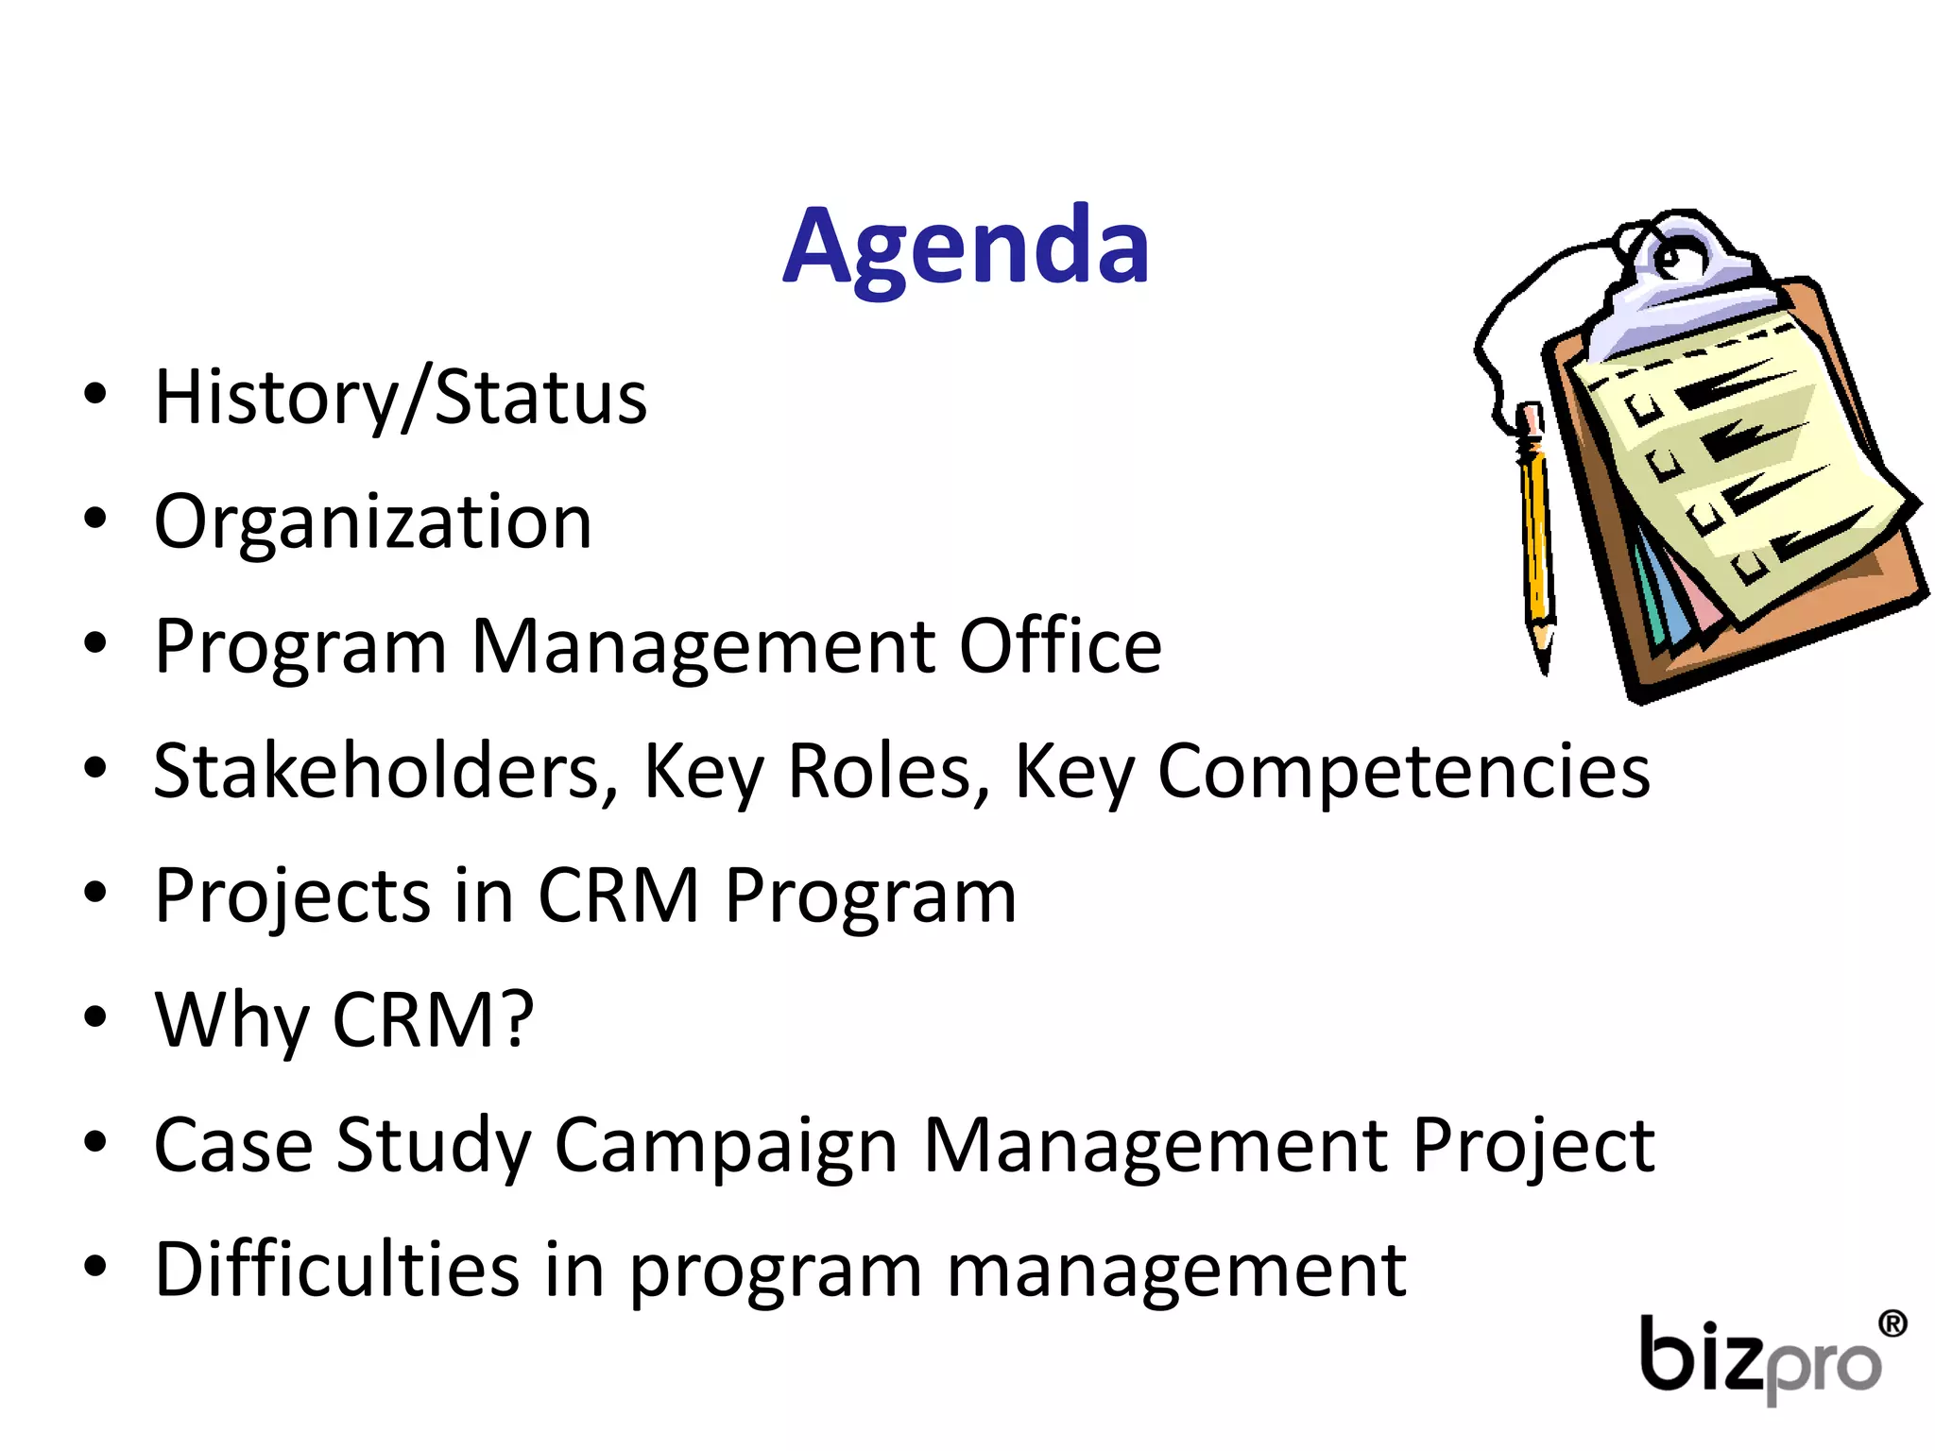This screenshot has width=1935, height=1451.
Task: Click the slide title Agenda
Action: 966,248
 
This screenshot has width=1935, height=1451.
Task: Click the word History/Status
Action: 401,398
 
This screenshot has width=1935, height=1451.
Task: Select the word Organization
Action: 372,522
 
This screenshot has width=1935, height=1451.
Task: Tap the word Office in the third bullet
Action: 1060,647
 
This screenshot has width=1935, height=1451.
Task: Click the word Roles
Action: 888,772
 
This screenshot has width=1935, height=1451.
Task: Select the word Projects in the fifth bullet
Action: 291,896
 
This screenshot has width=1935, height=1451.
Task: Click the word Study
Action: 435,1146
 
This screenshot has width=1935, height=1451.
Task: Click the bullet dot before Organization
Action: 94,519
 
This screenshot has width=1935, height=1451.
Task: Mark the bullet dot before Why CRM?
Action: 94,1017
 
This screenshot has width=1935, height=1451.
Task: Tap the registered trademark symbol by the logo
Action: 1892,1323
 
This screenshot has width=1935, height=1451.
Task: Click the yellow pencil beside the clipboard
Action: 1536,529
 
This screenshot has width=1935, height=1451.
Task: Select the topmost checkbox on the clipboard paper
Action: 1645,409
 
